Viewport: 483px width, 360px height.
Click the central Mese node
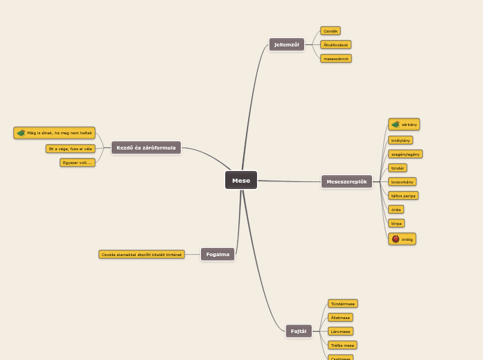pos(240,180)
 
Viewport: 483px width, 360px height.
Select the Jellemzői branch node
pos(286,44)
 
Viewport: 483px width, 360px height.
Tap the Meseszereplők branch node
pos(346,181)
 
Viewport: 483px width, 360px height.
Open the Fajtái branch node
pos(298,331)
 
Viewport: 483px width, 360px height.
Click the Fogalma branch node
pos(218,254)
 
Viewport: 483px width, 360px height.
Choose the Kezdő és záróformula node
pos(146,147)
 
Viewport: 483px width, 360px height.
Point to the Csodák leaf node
pos(331,30)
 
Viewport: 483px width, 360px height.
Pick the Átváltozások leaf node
pos(336,44)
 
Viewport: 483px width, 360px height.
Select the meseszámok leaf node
pos(336,59)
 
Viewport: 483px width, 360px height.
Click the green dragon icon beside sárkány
pos(396,125)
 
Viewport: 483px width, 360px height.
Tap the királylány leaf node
pos(401,140)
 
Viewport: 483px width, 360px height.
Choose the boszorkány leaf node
pos(402,181)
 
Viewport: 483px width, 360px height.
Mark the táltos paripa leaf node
pos(403,196)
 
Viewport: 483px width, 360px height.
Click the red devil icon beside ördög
pos(396,239)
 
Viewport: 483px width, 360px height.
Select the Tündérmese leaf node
pos(343,303)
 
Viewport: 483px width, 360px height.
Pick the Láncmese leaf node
pos(340,331)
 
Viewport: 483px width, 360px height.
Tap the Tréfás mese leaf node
pos(342,345)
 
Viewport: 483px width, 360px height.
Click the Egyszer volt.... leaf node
pos(78,163)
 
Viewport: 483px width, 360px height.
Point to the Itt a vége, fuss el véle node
pos(71,148)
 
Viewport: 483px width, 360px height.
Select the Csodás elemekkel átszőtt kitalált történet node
pos(141,254)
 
